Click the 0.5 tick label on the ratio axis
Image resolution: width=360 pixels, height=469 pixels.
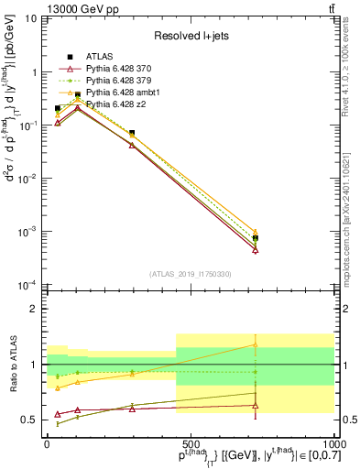point(30,420)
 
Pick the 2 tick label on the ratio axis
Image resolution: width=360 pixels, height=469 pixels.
point(35,309)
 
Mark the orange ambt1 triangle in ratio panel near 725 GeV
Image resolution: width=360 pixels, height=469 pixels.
point(256,345)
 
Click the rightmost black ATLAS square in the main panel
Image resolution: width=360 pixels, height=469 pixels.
point(256,238)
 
